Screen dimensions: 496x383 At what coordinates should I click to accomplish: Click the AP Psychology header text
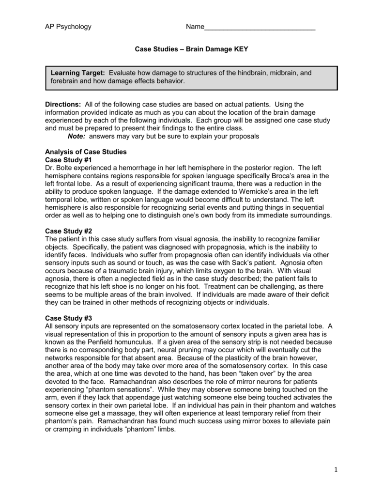tap(68, 27)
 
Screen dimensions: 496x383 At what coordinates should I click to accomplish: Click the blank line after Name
tap(260, 27)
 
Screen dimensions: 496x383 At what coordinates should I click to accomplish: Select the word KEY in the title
tap(241, 49)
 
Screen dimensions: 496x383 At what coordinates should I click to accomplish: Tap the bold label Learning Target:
tap(78, 73)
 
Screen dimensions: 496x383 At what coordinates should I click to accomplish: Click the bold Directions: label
tap(63, 105)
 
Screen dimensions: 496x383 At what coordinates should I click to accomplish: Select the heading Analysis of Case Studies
tap(86, 152)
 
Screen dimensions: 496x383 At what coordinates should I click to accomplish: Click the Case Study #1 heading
tap(68, 159)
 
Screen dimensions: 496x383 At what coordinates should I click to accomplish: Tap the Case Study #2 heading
tap(68, 231)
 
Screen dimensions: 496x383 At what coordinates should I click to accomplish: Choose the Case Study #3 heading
tap(68, 318)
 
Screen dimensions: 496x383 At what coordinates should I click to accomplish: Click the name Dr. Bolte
tap(60, 168)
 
